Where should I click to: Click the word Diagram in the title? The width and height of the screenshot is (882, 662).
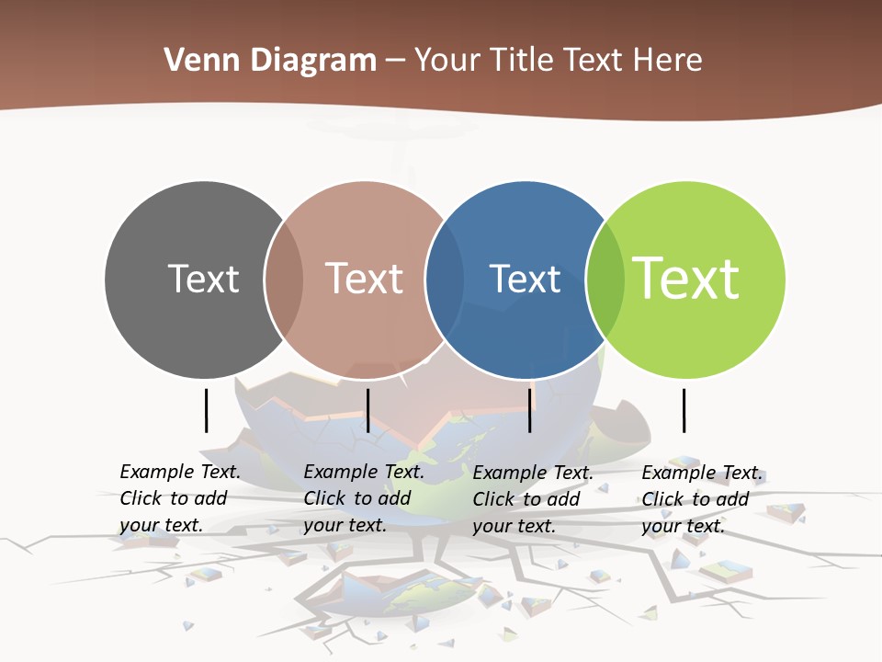point(313,61)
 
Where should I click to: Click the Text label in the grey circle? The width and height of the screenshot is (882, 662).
point(203,279)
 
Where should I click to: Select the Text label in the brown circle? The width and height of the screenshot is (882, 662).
point(365,279)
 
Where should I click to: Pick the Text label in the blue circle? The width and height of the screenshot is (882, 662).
point(525,279)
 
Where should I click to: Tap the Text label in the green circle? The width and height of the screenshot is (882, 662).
point(686,279)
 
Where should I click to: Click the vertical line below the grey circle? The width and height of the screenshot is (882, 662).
point(206,410)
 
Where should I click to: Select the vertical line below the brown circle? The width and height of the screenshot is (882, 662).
point(367,410)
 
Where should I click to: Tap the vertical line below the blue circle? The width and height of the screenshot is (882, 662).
point(529,410)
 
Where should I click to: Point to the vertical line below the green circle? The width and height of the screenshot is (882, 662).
point(684,410)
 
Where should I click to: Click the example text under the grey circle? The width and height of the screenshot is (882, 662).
point(180,498)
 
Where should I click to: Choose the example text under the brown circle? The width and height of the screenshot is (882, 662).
point(364,498)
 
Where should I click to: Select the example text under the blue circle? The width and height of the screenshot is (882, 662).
point(533,499)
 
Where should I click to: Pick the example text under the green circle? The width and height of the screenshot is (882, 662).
point(702,499)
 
